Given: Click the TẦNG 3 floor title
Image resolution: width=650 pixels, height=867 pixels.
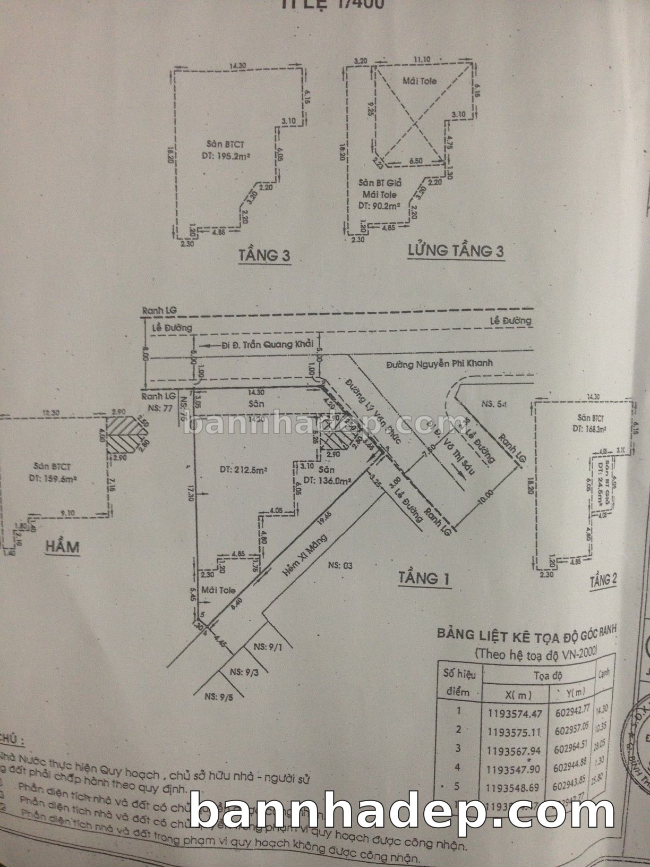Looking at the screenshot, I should coord(264,256).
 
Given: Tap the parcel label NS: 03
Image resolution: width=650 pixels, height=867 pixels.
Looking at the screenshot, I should coord(340,565).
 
